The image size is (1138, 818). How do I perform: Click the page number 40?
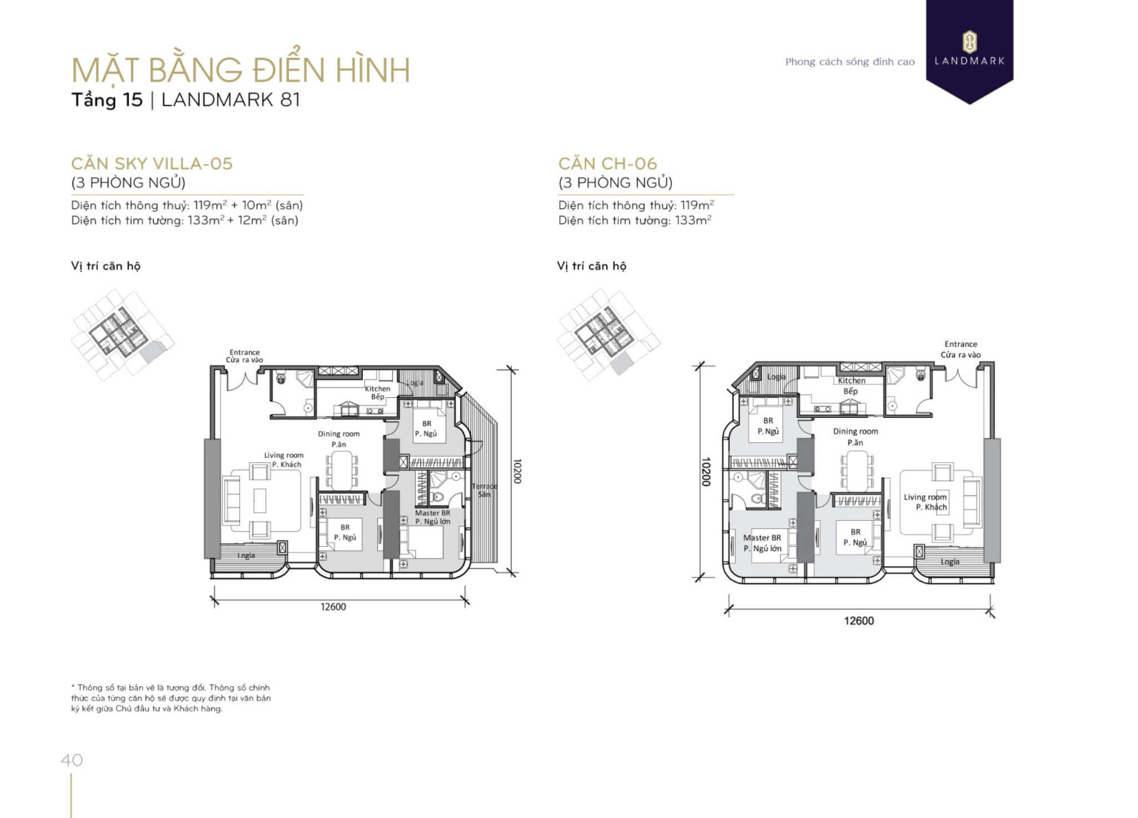click(x=72, y=760)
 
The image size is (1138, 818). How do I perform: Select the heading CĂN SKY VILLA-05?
click(x=152, y=164)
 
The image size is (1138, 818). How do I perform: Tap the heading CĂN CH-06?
click(x=608, y=164)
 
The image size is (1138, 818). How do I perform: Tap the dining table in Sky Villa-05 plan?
click(x=342, y=470)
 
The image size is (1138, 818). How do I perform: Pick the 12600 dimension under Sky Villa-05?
click(x=333, y=607)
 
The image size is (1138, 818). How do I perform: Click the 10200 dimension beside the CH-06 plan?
click(x=706, y=471)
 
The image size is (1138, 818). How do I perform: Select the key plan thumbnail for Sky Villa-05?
click(x=122, y=334)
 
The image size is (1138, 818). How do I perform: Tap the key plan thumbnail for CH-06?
click(x=608, y=334)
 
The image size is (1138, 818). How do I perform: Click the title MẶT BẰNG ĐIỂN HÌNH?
click(x=241, y=70)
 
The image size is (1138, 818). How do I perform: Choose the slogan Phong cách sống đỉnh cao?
click(x=850, y=61)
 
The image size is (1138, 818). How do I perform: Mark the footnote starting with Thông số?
click(x=171, y=698)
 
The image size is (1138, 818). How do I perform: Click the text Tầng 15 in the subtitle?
click(x=107, y=100)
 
